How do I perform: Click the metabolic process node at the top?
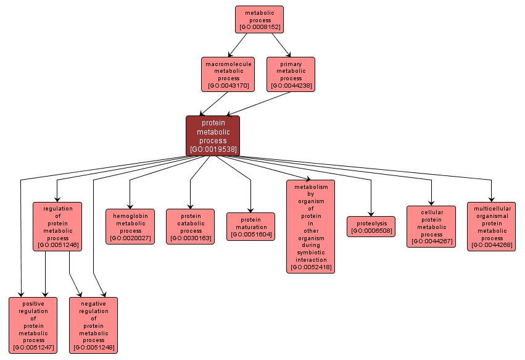(x=259, y=19)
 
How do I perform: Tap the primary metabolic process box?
(x=291, y=74)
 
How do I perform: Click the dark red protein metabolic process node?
(x=213, y=136)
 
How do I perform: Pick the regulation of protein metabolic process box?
(x=57, y=227)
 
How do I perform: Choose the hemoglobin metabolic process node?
(x=130, y=227)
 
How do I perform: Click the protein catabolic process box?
(x=191, y=227)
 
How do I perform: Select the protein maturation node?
(x=250, y=227)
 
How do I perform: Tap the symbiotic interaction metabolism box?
(x=311, y=227)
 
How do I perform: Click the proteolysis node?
(x=371, y=227)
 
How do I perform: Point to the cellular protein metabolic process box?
(x=431, y=227)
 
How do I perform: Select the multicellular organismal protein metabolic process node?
(x=492, y=227)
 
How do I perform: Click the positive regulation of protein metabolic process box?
(x=33, y=325)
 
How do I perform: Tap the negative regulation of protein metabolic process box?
(x=93, y=325)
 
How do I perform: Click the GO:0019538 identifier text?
(x=213, y=149)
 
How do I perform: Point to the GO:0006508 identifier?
(x=371, y=231)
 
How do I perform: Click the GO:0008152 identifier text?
(x=259, y=28)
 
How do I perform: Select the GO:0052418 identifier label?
(x=311, y=267)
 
